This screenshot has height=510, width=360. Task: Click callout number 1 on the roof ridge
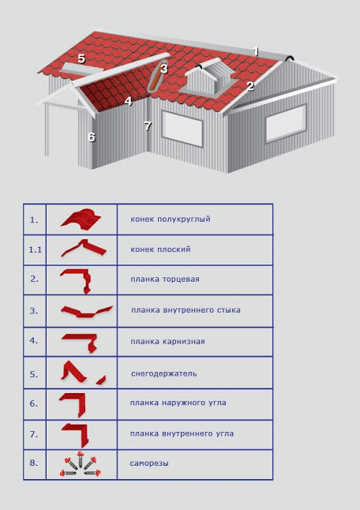point(256,52)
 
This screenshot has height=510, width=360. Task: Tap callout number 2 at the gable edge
point(249,86)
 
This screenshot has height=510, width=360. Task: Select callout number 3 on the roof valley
point(163,69)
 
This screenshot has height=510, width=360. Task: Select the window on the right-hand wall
point(286,123)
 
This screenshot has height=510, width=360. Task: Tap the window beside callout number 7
point(182,129)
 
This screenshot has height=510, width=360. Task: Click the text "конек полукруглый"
point(171,219)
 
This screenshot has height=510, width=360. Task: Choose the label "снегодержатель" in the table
point(164,373)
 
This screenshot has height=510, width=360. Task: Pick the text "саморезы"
point(149,463)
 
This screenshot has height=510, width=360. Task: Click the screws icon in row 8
point(80,464)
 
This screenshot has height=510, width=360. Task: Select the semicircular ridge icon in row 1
point(81,220)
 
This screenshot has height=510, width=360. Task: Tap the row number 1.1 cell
point(35,249)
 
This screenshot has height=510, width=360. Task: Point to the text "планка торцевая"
point(165,279)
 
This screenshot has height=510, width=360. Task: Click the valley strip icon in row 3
point(87,311)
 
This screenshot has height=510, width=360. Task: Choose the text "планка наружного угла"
point(178,403)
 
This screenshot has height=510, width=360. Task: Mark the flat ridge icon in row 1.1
point(84,248)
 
